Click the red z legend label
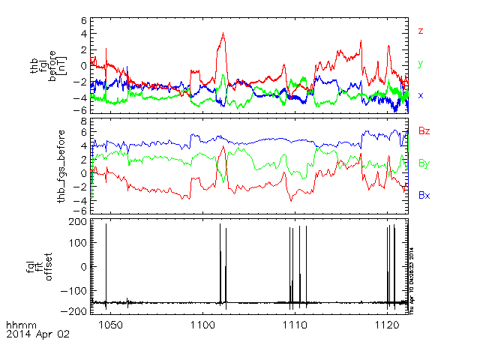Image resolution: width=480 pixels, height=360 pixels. tap(421, 31)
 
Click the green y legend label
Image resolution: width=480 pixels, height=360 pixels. tap(421, 64)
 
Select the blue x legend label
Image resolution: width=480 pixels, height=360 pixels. tap(421, 95)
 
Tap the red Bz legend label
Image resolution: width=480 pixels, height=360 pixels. tap(424, 131)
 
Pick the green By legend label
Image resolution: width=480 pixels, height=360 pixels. tap(424, 163)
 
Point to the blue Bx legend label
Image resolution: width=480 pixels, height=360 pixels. tap(424, 195)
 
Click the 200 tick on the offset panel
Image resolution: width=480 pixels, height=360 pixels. tap(76, 222)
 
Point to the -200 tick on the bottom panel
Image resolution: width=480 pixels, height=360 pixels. tap(73, 310)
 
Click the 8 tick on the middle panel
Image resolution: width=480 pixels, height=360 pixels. tap(84, 121)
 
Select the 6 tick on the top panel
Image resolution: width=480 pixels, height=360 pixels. tap(84, 21)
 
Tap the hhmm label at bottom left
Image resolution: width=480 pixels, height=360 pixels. tap(18, 324)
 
